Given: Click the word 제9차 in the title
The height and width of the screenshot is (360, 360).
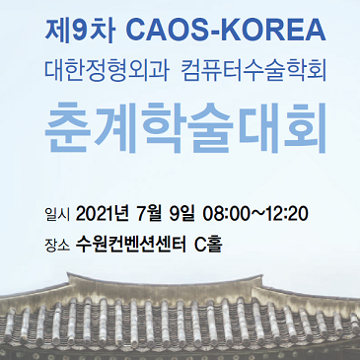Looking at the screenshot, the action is [80, 31].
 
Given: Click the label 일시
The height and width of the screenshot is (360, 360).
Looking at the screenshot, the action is [57, 215].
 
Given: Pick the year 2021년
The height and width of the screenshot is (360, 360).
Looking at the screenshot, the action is [102, 214].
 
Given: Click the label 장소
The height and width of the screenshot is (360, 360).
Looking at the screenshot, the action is [57, 246].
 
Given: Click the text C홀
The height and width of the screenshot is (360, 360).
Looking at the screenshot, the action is [209, 245].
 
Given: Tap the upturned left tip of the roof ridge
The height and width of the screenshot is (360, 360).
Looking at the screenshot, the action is [68, 273].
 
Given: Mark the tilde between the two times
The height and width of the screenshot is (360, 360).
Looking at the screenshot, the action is [256, 215].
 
